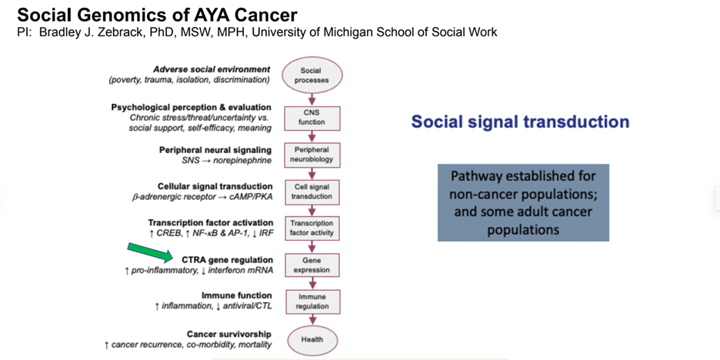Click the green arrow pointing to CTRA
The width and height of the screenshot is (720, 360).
(150, 252)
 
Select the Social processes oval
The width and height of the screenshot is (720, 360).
(312, 75)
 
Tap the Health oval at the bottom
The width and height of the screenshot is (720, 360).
(312, 340)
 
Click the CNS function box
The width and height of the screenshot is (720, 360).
(312, 118)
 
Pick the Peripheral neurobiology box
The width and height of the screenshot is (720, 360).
(312, 155)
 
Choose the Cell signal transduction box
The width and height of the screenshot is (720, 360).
(312, 192)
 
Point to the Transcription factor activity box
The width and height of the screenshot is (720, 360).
(312, 228)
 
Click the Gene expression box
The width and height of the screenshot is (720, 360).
(312, 265)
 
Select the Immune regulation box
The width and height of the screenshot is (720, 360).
(312, 302)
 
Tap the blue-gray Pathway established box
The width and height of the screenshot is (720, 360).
(523, 202)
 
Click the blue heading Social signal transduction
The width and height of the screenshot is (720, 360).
(520, 122)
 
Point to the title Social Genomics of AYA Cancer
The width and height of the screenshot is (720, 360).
(157, 15)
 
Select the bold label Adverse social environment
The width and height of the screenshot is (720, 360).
(212, 70)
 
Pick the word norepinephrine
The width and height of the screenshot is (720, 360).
(241, 162)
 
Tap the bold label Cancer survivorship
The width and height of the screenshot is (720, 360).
(229, 335)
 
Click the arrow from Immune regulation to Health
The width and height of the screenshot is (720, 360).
(312, 320)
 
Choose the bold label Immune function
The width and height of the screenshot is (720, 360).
(236, 295)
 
